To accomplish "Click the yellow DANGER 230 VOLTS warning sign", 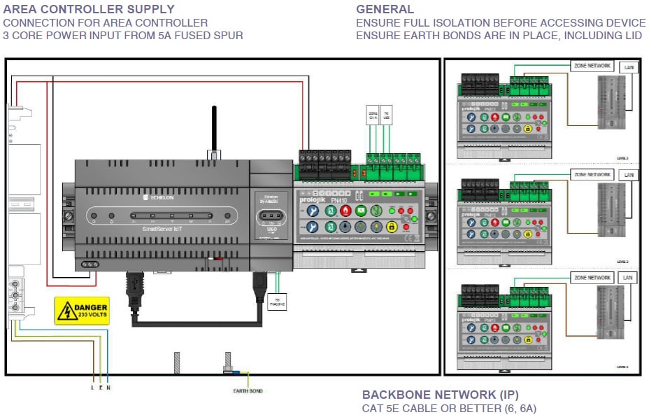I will click(83, 311).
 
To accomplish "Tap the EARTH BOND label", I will click(248, 390).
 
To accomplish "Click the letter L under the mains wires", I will click(93, 388).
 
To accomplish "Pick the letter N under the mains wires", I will click(108, 388).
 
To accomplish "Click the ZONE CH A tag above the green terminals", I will click(373, 115).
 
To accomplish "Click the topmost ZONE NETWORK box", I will click(592, 66).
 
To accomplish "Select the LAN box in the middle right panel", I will click(628, 175).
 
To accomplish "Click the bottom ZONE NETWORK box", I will click(592, 278).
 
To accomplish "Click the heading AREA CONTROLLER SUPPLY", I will click(89, 9).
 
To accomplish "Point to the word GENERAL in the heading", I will click(385, 9).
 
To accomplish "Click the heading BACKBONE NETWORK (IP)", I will click(441, 395).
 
